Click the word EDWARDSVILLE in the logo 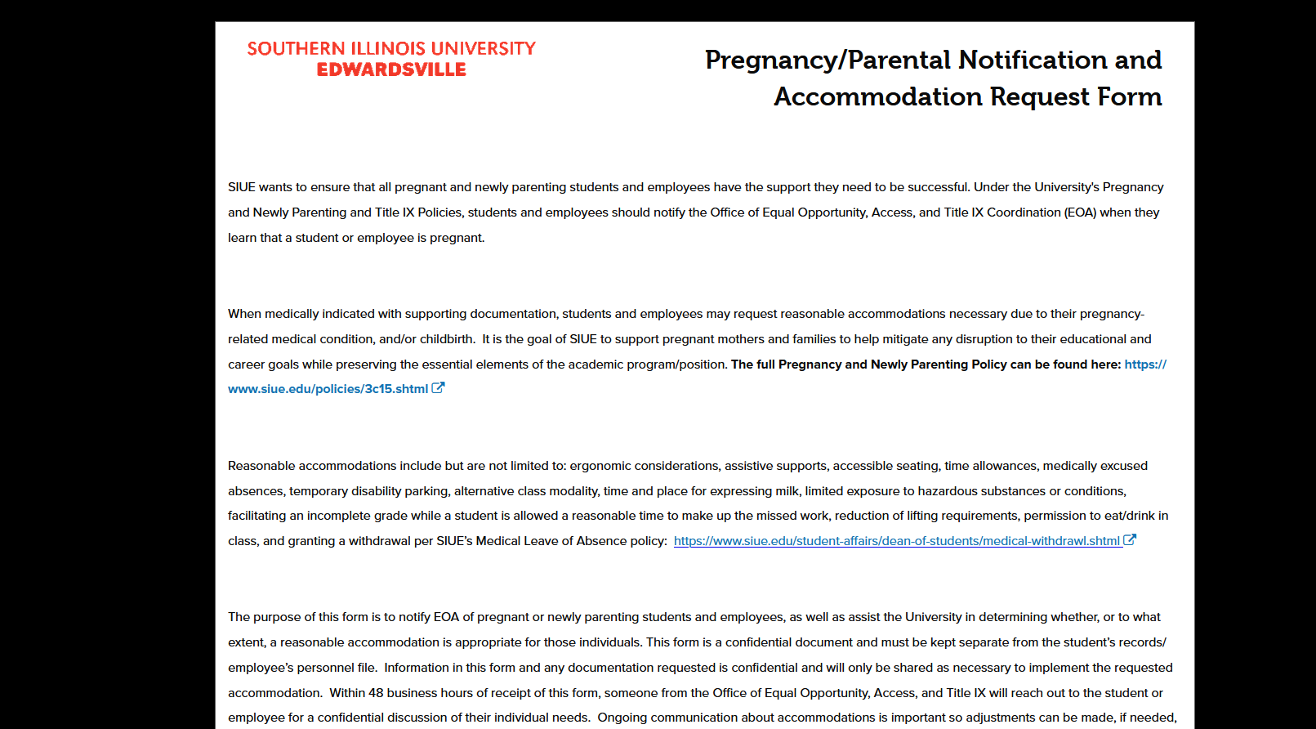click(x=391, y=70)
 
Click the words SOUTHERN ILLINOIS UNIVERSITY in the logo click(x=391, y=49)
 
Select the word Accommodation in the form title click(x=878, y=97)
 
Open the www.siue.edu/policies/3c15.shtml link click(x=328, y=389)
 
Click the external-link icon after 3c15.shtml click(x=438, y=388)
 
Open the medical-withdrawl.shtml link click(x=896, y=541)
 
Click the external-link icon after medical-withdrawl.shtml click(x=1130, y=540)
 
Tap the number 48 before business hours click(x=376, y=693)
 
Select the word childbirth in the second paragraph click(x=447, y=339)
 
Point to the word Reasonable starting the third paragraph click(x=261, y=466)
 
